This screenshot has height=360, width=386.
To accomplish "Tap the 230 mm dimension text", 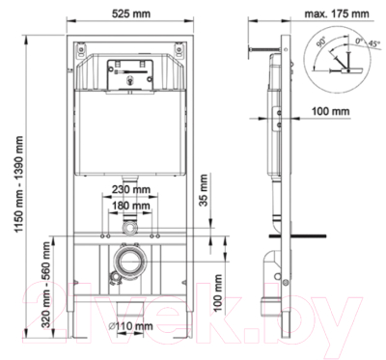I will (x=129, y=189).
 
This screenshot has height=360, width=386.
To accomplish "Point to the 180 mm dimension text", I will (x=129, y=205).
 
